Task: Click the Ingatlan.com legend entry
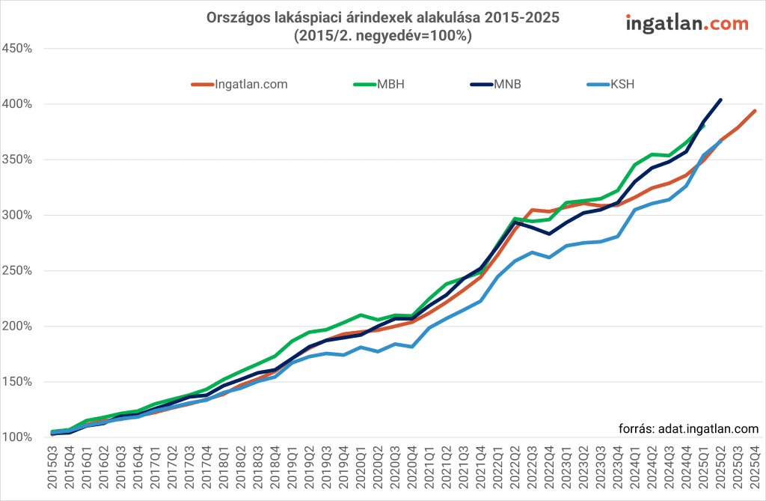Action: tap(239, 85)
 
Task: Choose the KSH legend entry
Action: tap(612, 85)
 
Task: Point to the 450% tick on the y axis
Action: tap(16, 49)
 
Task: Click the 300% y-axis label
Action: tap(16, 215)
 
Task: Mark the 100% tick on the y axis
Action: tap(16, 437)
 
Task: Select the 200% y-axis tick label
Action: tap(16, 327)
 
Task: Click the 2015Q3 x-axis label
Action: tap(52, 470)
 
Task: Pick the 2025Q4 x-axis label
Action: tap(755, 470)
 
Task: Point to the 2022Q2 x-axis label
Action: tap(515, 470)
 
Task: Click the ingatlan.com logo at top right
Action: tap(686, 24)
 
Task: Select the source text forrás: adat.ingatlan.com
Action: tap(688, 429)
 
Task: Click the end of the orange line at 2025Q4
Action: tap(755, 111)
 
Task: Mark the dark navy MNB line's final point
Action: tap(720, 100)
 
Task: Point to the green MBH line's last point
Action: tap(703, 126)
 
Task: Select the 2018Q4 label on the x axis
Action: tap(275, 470)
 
